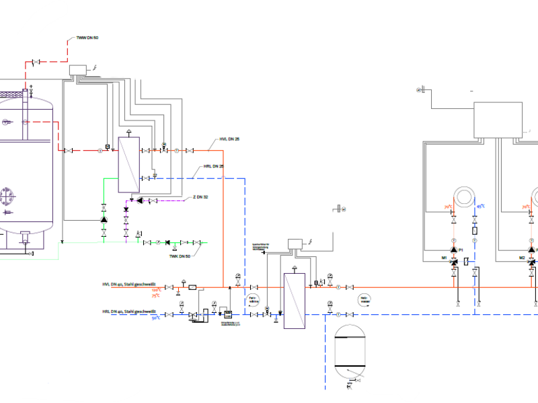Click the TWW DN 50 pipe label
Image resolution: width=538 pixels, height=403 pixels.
tap(87, 38)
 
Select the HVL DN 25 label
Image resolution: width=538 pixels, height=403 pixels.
tap(229, 139)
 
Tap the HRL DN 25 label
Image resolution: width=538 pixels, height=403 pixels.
tap(213, 166)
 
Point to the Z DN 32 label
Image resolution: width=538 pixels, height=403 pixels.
tap(200, 197)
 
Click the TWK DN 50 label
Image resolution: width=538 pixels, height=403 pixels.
tap(180, 256)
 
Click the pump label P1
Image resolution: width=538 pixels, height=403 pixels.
tap(461, 250)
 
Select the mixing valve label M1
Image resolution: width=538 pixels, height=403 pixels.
tap(445, 258)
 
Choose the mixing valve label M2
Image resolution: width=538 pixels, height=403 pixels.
tap(522, 258)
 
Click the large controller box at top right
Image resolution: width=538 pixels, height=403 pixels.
tap(498, 119)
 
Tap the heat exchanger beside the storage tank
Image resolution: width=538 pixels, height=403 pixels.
tap(128, 165)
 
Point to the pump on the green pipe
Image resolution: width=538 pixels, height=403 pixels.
tap(104, 219)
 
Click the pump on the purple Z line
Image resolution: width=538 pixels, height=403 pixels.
tap(139, 200)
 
